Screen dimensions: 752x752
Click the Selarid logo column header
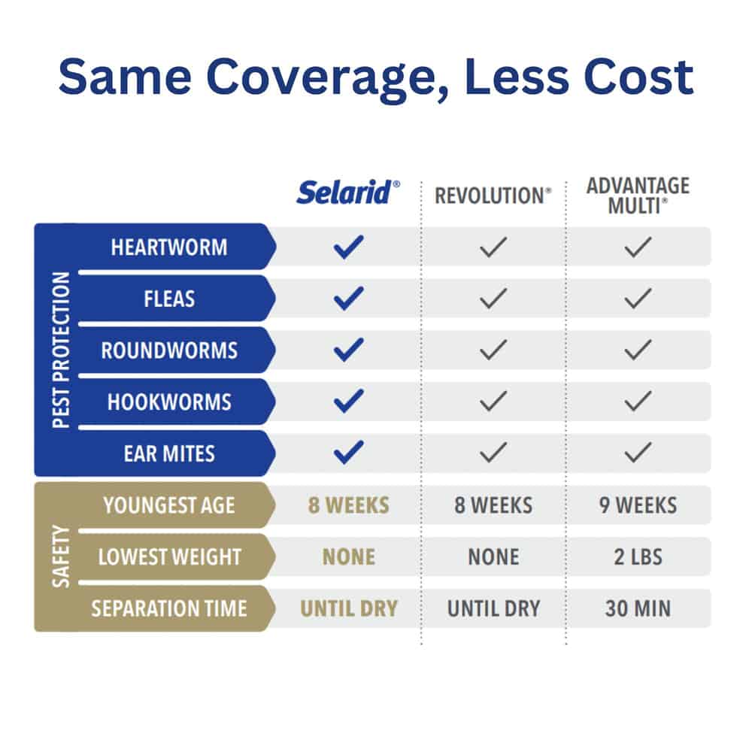click(348, 193)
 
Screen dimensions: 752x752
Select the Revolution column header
click(493, 196)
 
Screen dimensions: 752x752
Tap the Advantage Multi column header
click(638, 196)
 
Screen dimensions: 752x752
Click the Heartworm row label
click(169, 247)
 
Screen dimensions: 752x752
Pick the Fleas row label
click(169, 299)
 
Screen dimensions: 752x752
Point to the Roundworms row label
click(169, 350)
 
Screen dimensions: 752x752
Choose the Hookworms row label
click(169, 402)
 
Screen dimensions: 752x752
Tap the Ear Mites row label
click(169, 453)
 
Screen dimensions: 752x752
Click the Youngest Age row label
click(169, 505)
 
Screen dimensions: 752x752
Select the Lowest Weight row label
click(169, 556)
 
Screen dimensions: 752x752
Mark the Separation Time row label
click(169, 608)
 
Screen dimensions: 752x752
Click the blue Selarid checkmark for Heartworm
click(349, 247)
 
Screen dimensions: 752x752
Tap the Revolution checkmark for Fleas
click(493, 299)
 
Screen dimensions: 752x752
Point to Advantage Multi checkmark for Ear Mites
click(638, 453)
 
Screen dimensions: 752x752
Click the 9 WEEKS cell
click(638, 505)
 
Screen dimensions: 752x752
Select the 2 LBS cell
click(638, 557)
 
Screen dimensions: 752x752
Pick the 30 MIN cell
click(638, 608)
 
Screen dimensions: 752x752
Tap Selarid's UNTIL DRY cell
click(349, 608)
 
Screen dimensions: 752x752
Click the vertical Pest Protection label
click(61, 350)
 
